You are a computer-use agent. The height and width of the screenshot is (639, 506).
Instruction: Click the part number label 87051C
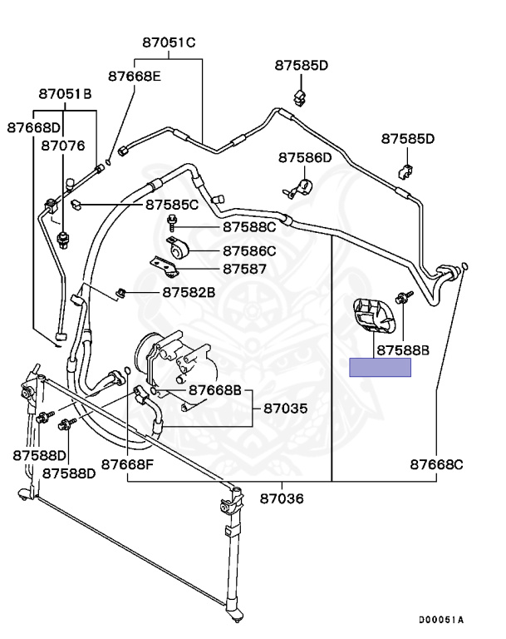tap(169, 42)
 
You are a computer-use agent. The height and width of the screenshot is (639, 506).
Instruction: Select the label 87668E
tap(135, 77)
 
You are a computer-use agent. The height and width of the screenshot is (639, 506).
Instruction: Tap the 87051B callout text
tap(65, 94)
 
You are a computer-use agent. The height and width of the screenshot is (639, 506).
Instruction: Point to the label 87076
tap(63, 146)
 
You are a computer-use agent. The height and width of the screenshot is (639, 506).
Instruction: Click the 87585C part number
tap(172, 205)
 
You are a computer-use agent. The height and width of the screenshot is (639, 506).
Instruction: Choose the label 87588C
tap(249, 227)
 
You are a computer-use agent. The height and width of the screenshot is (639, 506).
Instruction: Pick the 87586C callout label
tap(249, 251)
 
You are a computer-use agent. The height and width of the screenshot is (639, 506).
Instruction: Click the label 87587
tap(244, 269)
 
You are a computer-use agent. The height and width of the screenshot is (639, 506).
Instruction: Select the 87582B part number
tap(189, 292)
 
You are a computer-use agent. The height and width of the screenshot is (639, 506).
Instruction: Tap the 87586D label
tap(305, 158)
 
